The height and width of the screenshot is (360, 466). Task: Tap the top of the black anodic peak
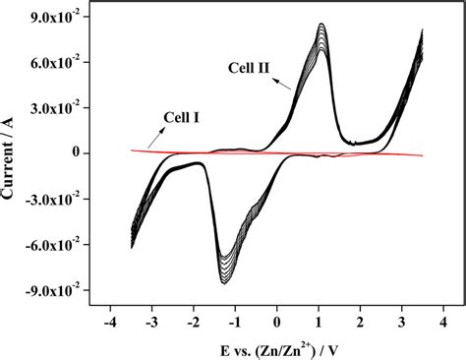[x=322, y=24]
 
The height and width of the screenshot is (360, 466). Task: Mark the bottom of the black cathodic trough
[x=224, y=283]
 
